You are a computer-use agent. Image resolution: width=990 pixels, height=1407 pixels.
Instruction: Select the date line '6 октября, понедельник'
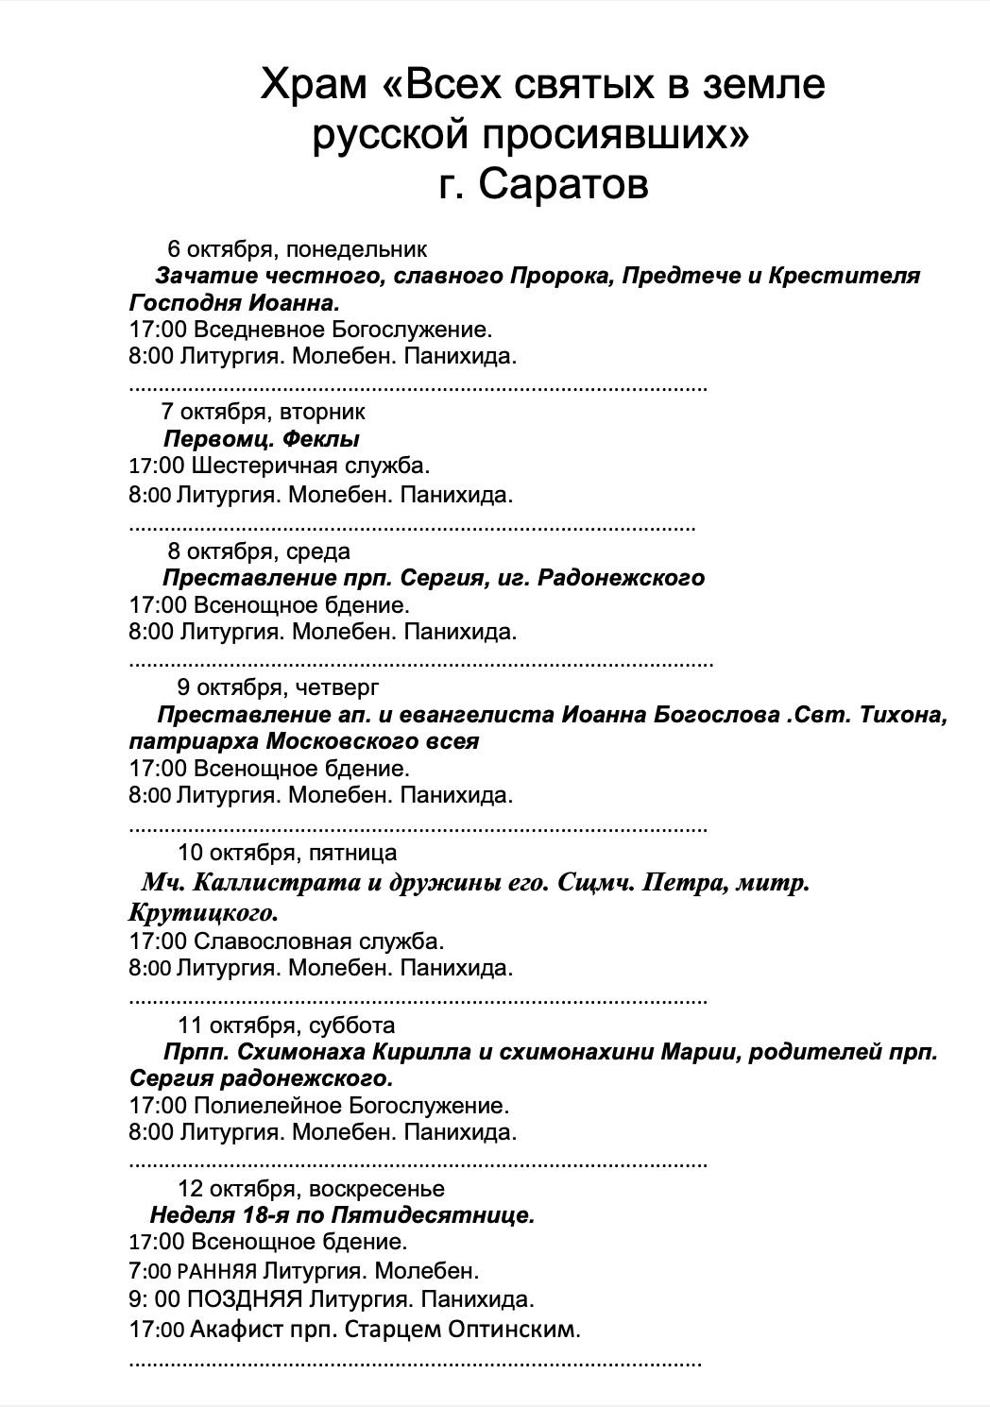(297, 249)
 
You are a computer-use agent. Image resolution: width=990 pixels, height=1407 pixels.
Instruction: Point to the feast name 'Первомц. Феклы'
(262, 439)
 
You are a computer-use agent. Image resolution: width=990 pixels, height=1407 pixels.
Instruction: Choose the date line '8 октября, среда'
(258, 551)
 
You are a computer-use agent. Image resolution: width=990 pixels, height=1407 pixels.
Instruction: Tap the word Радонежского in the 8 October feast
(621, 578)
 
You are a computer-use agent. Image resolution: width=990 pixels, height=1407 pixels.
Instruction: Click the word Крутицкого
(203, 913)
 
